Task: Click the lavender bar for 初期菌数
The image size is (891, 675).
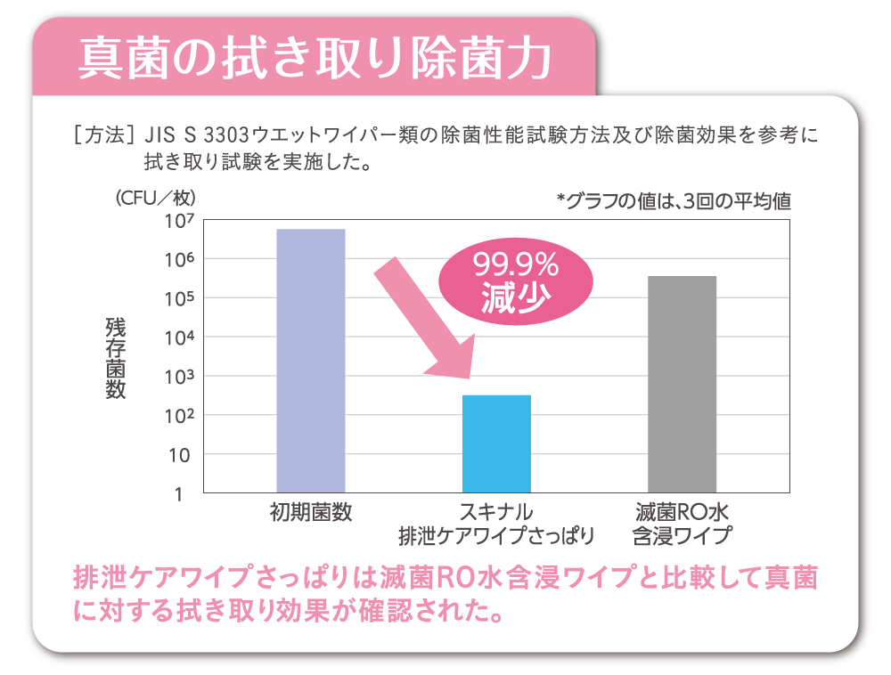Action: click(x=311, y=361)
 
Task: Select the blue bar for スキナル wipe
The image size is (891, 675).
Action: click(x=496, y=443)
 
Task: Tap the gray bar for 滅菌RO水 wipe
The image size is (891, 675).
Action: click(x=683, y=384)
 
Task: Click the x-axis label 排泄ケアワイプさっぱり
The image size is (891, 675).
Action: click(x=496, y=536)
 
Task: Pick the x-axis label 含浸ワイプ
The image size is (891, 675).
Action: click(x=683, y=536)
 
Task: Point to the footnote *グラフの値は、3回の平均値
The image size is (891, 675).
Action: click(x=673, y=201)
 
